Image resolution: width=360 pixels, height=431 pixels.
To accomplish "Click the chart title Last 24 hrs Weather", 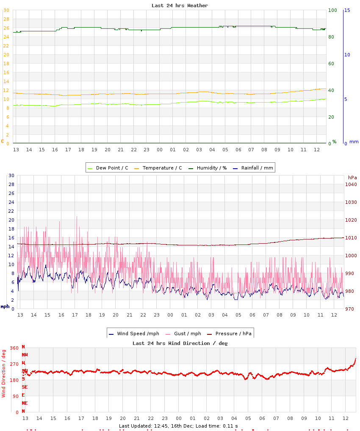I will coord(180,6).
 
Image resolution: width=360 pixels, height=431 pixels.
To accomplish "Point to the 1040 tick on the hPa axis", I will coord(351,184).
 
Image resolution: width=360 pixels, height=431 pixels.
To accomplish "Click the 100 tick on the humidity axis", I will coord(332,10).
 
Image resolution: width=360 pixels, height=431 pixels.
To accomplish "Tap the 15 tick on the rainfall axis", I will coord(347,10).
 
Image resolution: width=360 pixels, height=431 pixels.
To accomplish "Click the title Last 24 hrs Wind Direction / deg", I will coord(180,343).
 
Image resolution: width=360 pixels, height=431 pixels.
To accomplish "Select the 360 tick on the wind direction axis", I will coord(14,348).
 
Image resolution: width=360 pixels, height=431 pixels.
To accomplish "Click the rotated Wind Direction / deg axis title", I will coord(4,373).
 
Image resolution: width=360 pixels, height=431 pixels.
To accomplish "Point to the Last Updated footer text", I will coord(178,425).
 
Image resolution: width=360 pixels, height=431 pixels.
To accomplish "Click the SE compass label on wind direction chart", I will coord(25,387).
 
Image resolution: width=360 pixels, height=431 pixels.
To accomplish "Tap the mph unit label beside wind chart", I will coord(5,306).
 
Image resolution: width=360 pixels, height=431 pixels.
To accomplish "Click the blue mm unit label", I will coord(354,142).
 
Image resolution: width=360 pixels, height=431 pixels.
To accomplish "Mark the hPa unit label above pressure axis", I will coord(352,177).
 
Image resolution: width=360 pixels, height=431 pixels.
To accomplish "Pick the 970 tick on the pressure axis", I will coord(351,309).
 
